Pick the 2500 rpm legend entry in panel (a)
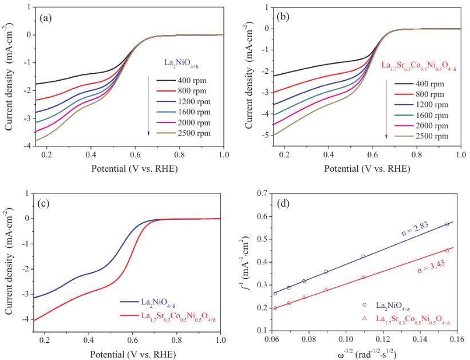point(177,133)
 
